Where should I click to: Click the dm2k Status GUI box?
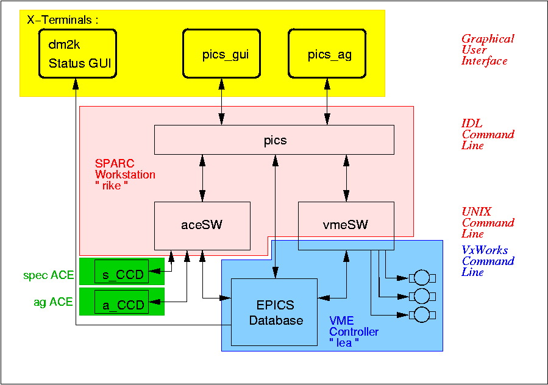(x=78, y=55)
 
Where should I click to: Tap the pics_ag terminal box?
(x=329, y=55)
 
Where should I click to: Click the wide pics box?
(x=274, y=140)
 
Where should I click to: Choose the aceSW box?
(x=202, y=225)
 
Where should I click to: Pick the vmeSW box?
(x=346, y=225)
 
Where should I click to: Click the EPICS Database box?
(x=274, y=312)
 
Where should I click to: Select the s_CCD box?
(x=122, y=275)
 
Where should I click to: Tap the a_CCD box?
(x=122, y=305)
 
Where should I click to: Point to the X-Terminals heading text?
(x=63, y=19)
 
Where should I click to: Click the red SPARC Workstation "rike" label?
(x=125, y=175)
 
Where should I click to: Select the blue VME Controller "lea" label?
(x=354, y=332)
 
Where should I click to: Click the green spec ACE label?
(x=49, y=275)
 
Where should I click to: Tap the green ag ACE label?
(x=53, y=302)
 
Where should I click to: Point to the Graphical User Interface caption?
(x=488, y=50)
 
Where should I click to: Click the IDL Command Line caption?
(x=488, y=135)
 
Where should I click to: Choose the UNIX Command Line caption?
(x=488, y=222)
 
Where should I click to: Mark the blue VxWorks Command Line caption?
(x=488, y=261)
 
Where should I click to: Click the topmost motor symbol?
(x=422, y=278)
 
